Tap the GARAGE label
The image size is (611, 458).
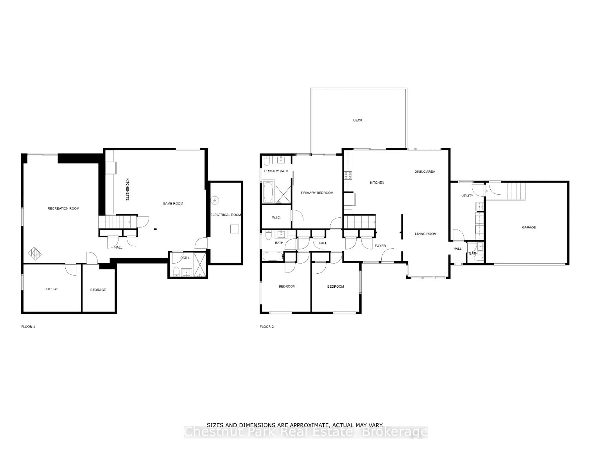tap(529, 227)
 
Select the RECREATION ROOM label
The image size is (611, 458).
tap(63, 209)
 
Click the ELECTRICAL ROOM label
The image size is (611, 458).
tap(226, 215)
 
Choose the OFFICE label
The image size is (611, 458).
tap(52, 289)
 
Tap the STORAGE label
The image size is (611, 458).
tap(98, 290)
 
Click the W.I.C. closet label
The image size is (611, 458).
tap(276, 217)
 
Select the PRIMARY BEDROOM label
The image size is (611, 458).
tap(317, 193)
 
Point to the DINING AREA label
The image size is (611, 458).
tap(425, 171)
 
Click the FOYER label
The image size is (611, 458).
tap(380, 246)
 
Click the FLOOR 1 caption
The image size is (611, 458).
tap(28, 326)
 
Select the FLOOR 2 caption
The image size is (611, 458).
tap(267, 326)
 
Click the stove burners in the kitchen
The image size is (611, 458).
tap(348, 175)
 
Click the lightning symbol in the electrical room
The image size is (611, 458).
tap(215, 200)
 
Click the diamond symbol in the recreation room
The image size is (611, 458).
tap(35, 254)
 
